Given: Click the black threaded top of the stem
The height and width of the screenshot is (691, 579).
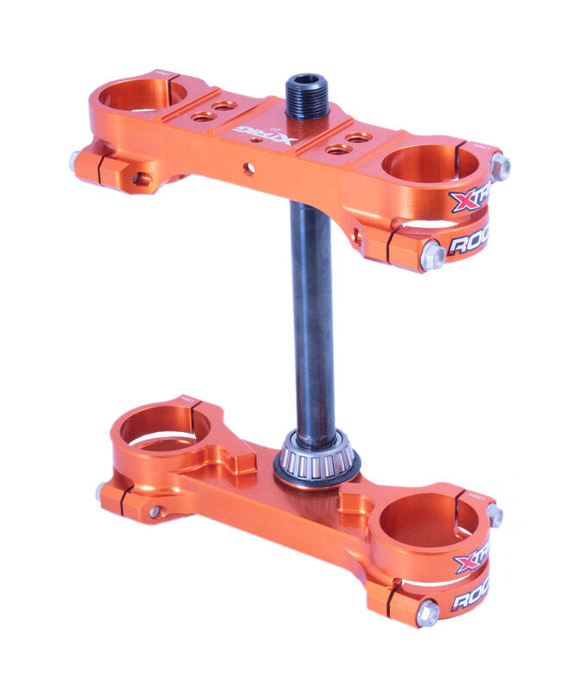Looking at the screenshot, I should [x=307, y=96].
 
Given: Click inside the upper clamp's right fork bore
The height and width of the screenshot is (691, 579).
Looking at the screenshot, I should [x=428, y=163].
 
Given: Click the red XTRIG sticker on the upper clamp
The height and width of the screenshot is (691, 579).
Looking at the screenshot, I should [x=469, y=200].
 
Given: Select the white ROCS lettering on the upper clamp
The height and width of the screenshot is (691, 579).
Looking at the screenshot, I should [x=469, y=242].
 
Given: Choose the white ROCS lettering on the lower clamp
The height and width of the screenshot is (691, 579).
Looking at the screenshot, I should [x=470, y=596].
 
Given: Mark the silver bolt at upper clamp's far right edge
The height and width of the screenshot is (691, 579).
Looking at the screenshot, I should [x=499, y=166].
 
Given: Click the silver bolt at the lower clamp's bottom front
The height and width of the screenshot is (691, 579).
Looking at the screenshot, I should [x=426, y=613].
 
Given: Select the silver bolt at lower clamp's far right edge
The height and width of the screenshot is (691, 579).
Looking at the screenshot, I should [x=494, y=516].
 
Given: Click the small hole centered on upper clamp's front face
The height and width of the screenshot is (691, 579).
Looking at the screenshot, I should [x=249, y=168].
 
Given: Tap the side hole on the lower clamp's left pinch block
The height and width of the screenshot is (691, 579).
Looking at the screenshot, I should [x=154, y=511].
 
